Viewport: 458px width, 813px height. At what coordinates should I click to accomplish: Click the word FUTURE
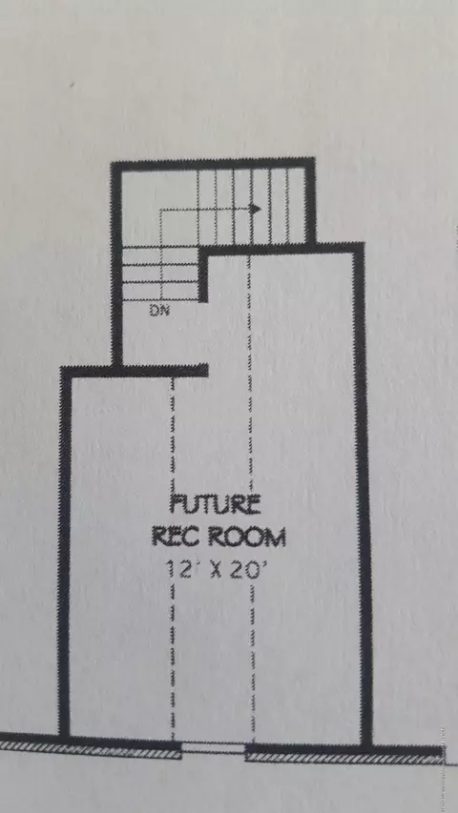(216, 505)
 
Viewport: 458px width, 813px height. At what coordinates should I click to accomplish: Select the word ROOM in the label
(247, 538)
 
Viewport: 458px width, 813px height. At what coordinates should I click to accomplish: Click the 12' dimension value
(177, 569)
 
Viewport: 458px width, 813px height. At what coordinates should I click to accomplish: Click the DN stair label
(159, 311)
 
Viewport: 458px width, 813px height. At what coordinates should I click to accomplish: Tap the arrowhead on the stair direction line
(255, 209)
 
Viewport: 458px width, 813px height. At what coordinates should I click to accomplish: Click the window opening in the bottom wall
(214, 748)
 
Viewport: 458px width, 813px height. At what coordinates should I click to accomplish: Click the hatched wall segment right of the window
(344, 757)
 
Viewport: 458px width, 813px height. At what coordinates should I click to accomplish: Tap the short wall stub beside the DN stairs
(203, 276)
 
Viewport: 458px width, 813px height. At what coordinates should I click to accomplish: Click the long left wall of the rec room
(65, 552)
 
